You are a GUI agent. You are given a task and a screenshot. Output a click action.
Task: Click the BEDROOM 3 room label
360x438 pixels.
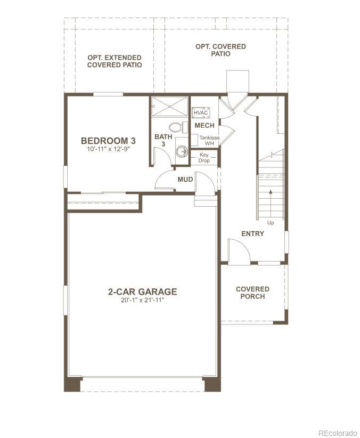click(108, 141)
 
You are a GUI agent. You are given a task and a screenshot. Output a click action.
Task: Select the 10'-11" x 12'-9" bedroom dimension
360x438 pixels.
click(108, 150)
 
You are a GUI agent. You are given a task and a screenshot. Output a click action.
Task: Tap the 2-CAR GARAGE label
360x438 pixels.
click(142, 291)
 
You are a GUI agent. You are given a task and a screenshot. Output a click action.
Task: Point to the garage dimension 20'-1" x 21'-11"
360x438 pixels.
click(142, 301)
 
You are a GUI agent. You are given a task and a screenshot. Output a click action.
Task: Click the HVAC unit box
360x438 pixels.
click(200, 112)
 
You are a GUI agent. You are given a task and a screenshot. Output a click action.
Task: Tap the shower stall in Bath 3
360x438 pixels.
click(169, 106)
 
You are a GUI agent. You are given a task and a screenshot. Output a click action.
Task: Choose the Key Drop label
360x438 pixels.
click(204, 158)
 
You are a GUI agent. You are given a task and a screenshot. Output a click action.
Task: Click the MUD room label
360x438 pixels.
click(185, 180)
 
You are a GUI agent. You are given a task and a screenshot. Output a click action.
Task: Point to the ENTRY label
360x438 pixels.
click(252, 233)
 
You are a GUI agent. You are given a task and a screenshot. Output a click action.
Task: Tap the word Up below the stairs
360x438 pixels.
click(271, 223)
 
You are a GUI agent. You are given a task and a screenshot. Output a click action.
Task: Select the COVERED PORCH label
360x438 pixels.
click(252, 293)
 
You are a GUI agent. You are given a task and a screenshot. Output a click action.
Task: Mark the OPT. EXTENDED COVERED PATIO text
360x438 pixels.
click(114, 61)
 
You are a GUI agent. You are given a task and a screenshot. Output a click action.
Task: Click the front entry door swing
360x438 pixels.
click(238, 251)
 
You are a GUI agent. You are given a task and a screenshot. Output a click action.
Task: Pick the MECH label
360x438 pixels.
click(204, 126)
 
